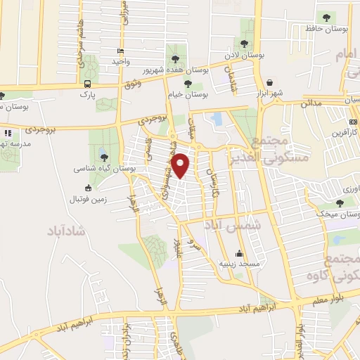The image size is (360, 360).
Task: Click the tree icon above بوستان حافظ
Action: (326, 16)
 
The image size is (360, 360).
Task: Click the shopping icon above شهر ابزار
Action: (270, 82)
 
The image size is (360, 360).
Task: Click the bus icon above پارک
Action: (86, 82)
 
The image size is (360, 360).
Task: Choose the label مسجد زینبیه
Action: (239, 263)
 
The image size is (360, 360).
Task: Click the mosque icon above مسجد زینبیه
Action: (239, 253)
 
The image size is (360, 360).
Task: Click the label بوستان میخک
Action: (337, 213)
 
